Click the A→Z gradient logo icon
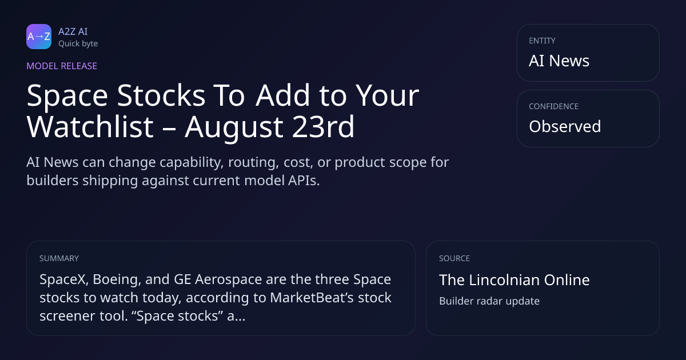[x=39, y=37]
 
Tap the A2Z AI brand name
[x=73, y=31]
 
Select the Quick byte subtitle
[x=78, y=44]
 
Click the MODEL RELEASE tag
[x=62, y=66]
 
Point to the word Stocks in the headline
[x=161, y=95]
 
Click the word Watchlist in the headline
[x=90, y=127]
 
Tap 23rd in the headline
[x=323, y=127]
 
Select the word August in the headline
[x=234, y=128]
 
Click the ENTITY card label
[x=542, y=41]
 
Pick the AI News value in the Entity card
[x=559, y=61]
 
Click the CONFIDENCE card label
[x=554, y=106]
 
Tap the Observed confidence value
[x=565, y=126]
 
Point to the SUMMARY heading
[x=59, y=258]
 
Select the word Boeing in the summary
[x=117, y=280]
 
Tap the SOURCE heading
[x=454, y=258]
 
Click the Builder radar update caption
[x=489, y=301]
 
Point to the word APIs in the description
[x=304, y=181]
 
